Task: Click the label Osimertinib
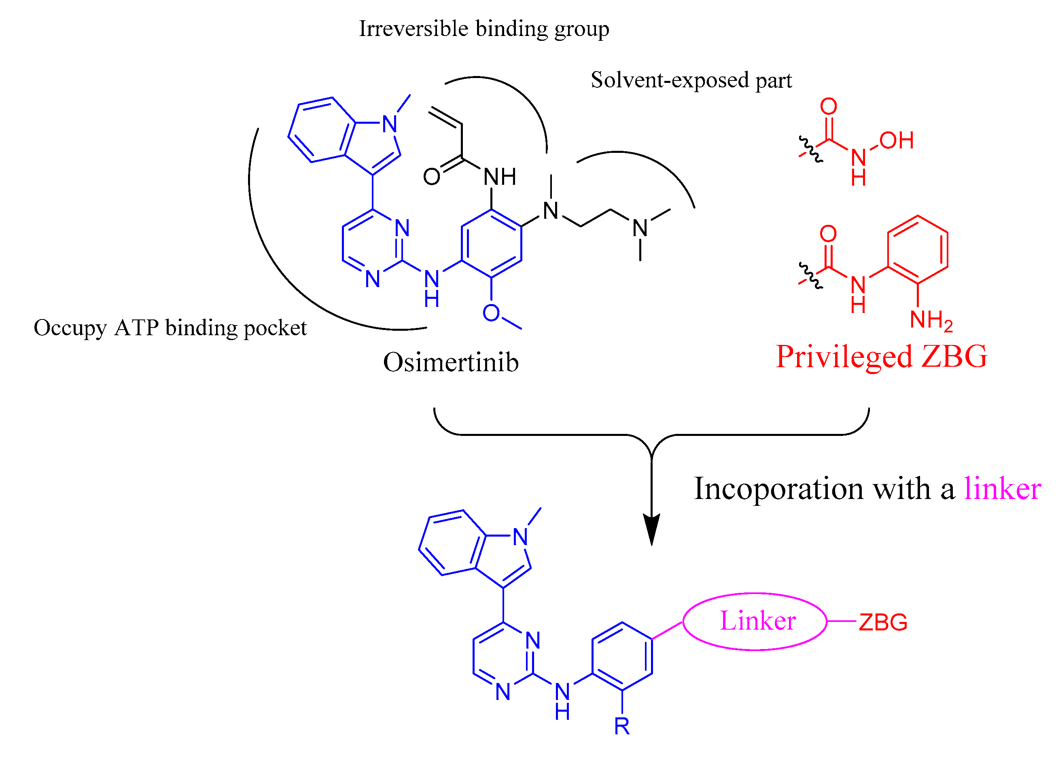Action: tap(450, 362)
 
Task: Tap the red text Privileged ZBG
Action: tap(881, 357)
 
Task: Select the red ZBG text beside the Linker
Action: tap(883, 623)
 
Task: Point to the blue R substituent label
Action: tap(621, 726)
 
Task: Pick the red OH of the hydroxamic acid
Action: tap(896, 141)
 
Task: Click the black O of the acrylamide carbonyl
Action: tap(432, 177)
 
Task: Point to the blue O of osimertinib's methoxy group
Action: tap(491, 313)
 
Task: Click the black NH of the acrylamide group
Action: tap(500, 177)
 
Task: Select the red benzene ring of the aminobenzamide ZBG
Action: tap(917, 250)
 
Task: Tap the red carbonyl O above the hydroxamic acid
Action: tap(829, 107)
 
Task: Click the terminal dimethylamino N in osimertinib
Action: tap(640, 228)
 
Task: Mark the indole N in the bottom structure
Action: tap(520, 537)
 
